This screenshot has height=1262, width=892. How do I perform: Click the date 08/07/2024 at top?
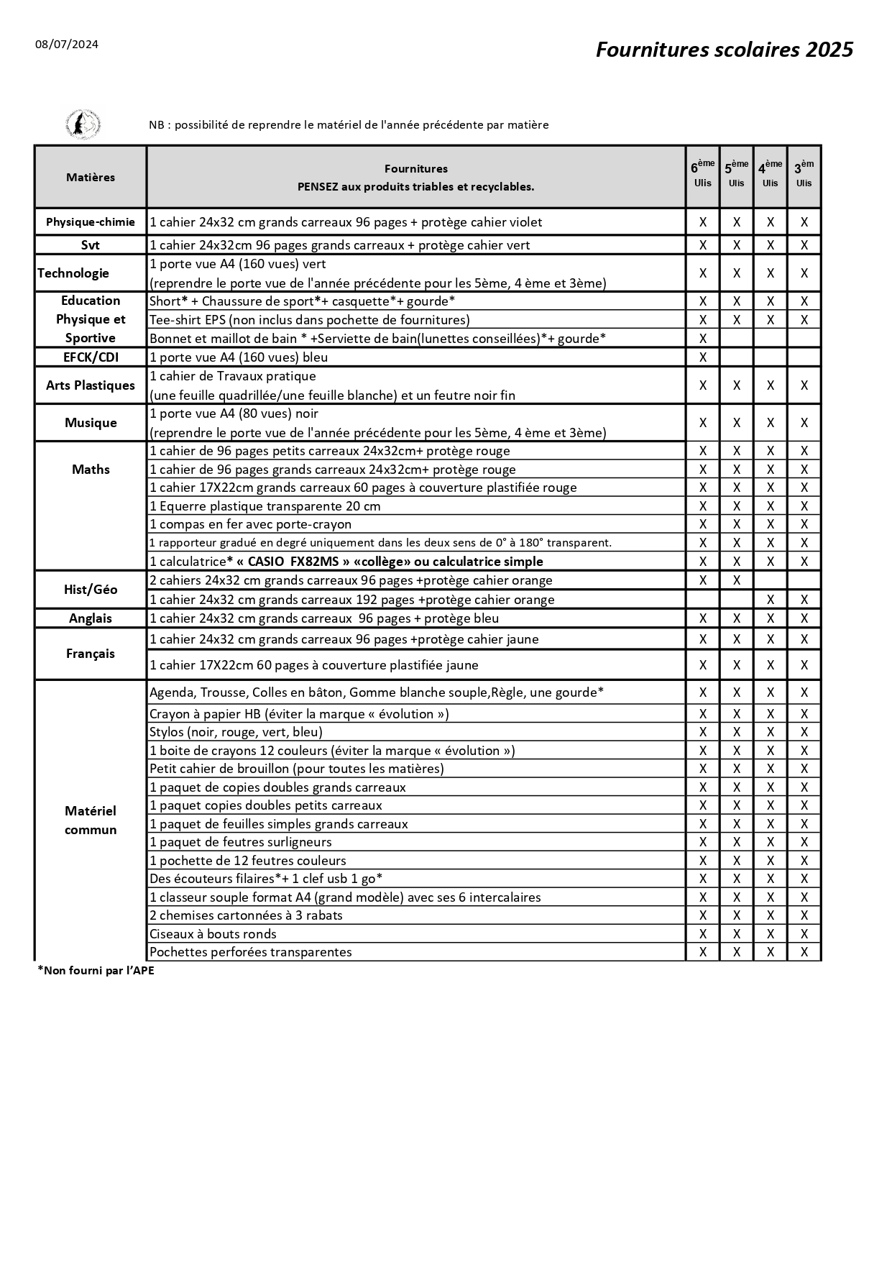pos(67,45)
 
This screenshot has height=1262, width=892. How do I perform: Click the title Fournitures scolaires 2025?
pos(724,50)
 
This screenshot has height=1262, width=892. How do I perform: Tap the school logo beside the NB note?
pos(83,124)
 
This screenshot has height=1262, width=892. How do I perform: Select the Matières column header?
pos(91,178)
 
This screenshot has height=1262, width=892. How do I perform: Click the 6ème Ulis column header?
pos(702,175)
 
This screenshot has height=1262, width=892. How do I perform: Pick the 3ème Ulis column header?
pos(804,175)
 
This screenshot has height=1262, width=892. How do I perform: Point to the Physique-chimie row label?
pos(91,222)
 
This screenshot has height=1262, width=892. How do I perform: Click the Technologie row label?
pos(73,273)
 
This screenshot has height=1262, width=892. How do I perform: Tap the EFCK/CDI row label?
pos(91,357)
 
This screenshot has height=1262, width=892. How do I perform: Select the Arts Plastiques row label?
pos(91,385)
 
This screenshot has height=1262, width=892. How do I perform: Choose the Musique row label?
pos(91,423)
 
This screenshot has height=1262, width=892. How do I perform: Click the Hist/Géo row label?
pos(91,590)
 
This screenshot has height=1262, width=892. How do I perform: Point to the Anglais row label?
pos(91,618)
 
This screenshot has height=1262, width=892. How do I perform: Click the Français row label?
pos(91,654)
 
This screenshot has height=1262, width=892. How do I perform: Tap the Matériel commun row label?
pos(91,820)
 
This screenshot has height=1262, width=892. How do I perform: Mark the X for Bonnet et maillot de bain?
pos(703,339)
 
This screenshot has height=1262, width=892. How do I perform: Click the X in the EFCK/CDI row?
pos(703,357)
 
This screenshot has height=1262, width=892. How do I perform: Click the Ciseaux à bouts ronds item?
pos(213,934)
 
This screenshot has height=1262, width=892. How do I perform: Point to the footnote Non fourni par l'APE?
pos(96,971)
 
